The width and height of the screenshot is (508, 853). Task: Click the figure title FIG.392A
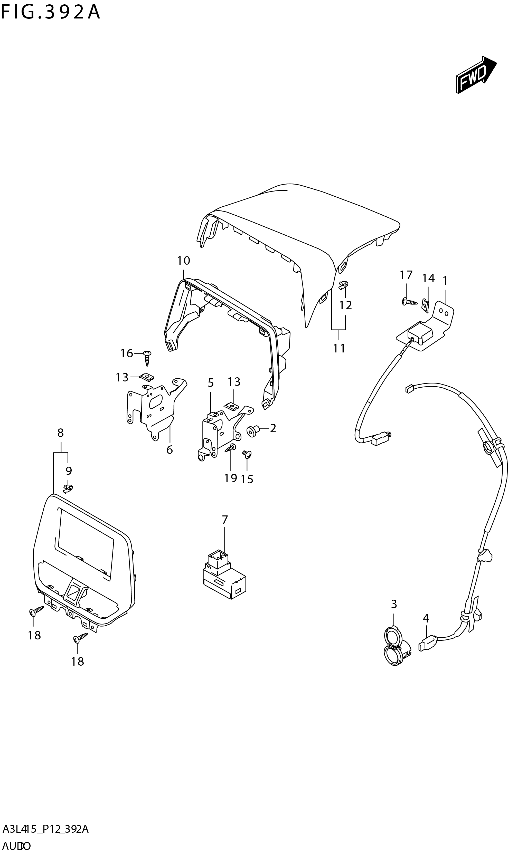50,13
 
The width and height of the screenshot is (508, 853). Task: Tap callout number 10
183,261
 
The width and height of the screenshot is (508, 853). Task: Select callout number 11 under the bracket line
339,348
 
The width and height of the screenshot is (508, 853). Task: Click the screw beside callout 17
409,302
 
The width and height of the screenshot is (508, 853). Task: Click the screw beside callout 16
147,358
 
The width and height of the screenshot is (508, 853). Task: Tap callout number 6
170,449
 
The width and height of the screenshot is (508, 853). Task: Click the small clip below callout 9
68,489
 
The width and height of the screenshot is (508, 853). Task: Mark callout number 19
230,478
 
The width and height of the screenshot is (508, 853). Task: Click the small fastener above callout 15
247,454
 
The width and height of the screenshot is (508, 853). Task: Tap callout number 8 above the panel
60,433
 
